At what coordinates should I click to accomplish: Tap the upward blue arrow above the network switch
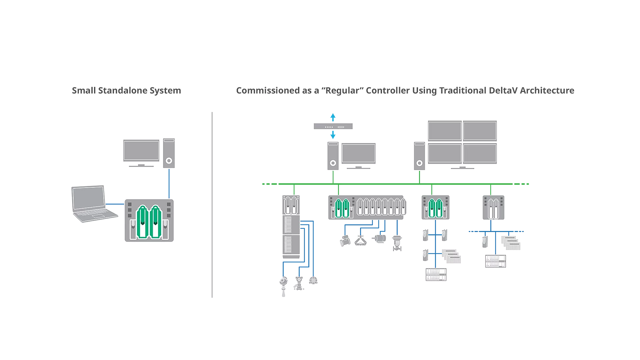tap(333, 117)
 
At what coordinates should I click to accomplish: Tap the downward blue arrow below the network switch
tap(333, 135)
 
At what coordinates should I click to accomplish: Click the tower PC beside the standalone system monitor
tap(169, 153)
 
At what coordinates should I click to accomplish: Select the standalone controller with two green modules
tap(149, 220)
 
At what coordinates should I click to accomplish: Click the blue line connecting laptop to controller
tap(115, 204)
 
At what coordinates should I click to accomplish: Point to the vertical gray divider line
tap(212, 204)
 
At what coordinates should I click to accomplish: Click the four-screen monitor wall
tap(462, 143)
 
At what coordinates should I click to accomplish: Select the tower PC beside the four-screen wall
tap(419, 156)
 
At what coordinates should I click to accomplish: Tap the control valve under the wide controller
tap(397, 243)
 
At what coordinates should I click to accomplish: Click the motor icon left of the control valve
tap(379, 238)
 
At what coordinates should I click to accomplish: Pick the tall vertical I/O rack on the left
tap(291, 227)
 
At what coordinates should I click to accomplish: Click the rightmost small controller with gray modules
tap(493, 207)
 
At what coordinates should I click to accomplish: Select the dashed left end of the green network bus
tap(269, 184)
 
